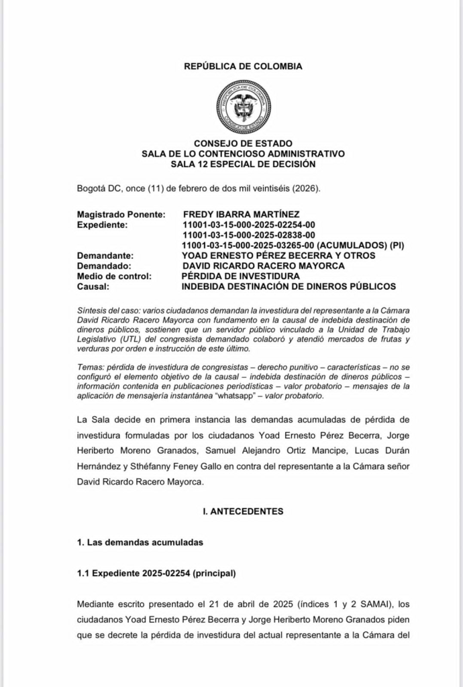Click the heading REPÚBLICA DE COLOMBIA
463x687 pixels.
click(243, 66)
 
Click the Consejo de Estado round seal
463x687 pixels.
click(244, 107)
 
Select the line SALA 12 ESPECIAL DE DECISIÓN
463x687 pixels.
click(243, 164)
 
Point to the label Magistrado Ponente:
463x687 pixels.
click(121, 214)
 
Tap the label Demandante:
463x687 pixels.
click(105, 256)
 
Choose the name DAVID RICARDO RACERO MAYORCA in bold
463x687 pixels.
click(263, 266)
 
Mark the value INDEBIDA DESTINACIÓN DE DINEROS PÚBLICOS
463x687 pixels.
click(289, 286)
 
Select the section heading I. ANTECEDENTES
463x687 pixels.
click(243, 511)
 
